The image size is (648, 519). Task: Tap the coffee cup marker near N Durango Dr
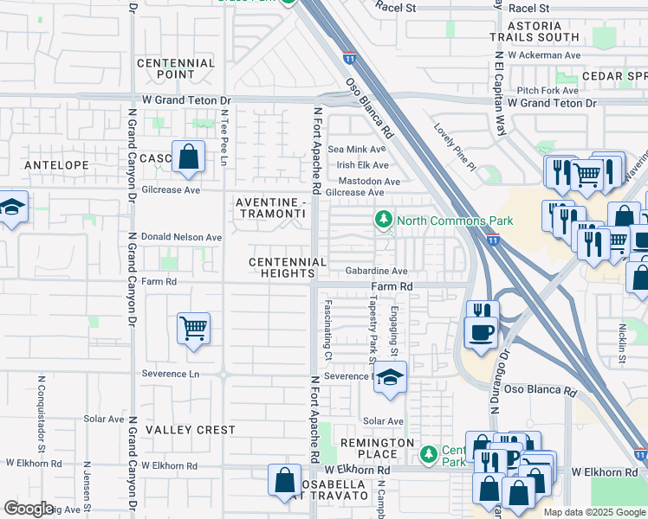(481, 331)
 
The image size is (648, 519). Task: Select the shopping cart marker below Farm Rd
(194, 328)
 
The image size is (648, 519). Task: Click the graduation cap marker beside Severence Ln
(391, 377)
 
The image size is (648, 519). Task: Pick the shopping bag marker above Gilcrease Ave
(188, 157)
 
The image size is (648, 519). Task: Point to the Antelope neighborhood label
(56, 164)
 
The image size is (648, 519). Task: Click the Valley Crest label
(190, 430)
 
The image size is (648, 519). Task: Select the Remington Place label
(378, 448)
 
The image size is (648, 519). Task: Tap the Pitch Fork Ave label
(548, 91)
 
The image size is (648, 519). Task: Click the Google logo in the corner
(29, 508)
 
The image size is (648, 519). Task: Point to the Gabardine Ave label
(376, 271)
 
